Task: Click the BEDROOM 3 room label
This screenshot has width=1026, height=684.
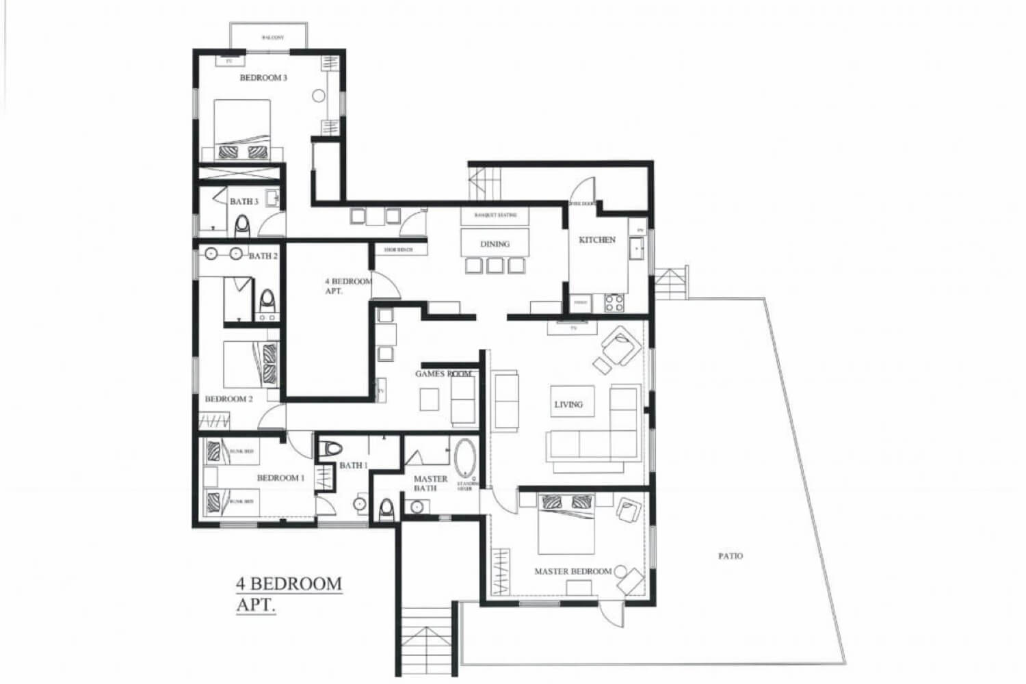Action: [263, 78]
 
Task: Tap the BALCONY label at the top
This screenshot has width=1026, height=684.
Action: [272, 38]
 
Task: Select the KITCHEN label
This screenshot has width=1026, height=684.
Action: [597, 240]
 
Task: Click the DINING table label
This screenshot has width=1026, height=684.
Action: [495, 244]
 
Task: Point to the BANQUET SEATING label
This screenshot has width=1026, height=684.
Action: [496, 215]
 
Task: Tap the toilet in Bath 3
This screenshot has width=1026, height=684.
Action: [242, 224]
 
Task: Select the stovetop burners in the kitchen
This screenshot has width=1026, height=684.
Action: [614, 302]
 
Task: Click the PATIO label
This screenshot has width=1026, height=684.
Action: [730, 556]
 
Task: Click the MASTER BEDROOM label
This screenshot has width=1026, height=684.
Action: [573, 571]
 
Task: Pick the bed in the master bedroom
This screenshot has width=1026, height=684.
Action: [566, 523]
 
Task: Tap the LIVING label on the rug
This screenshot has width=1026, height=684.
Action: [568, 404]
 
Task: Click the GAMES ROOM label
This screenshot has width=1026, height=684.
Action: [443, 374]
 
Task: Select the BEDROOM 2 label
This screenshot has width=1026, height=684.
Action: [229, 399]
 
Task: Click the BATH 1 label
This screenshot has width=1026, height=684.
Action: [354, 465]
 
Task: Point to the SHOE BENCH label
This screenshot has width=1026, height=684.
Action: [398, 250]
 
